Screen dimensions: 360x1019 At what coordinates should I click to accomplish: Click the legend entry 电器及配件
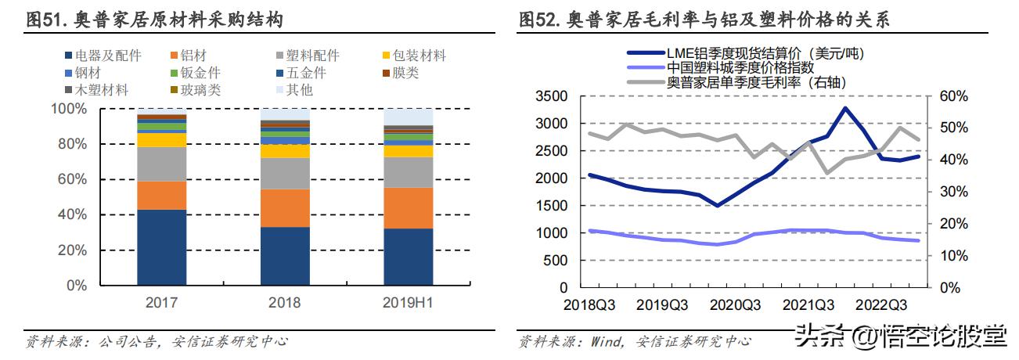tap(107, 56)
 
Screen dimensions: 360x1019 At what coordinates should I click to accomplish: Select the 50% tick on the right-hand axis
tap(952, 128)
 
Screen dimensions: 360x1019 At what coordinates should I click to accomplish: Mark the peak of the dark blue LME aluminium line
tap(845, 108)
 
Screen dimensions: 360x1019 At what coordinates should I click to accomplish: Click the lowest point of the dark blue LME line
tap(717, 206)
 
